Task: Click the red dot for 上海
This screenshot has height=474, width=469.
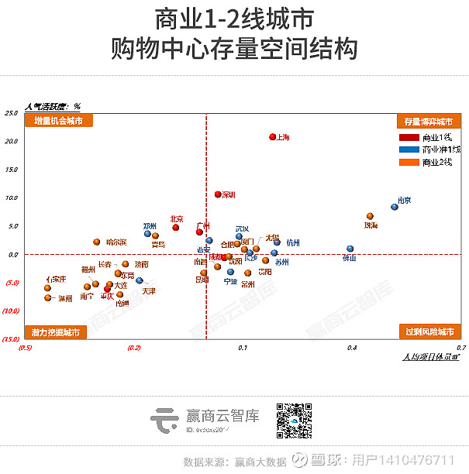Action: pos(273,137)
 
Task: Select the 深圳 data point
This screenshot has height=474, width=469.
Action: pos(218,194)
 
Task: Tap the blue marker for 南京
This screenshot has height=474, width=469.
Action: pos(395,207)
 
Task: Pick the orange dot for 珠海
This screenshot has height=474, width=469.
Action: pos(370,216)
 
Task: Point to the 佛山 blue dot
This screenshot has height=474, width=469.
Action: pos(350,249)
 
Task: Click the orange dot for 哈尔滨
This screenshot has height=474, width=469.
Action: pos(97,242)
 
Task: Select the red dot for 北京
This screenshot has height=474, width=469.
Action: pos(176,227)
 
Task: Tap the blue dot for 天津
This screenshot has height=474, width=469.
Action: pos(140,280)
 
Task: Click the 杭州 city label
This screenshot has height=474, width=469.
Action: pos(293,242)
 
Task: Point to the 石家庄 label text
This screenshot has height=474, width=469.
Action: pos(56,279)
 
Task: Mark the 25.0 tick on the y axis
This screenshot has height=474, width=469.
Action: pos(11,113)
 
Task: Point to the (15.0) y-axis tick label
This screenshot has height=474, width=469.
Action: pos(11,339)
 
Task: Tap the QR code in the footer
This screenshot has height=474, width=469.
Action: pos(294,420)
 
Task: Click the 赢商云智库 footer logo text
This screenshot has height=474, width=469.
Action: pos(222,416)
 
